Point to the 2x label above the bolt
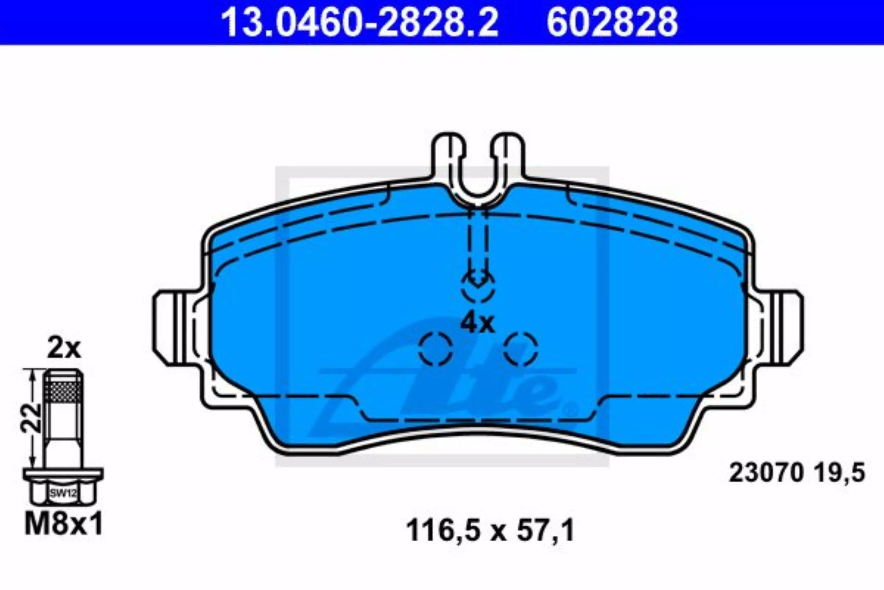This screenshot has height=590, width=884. (64, 349)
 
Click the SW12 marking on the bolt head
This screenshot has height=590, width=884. (63, 493)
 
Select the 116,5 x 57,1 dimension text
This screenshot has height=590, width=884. (490, 531)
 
